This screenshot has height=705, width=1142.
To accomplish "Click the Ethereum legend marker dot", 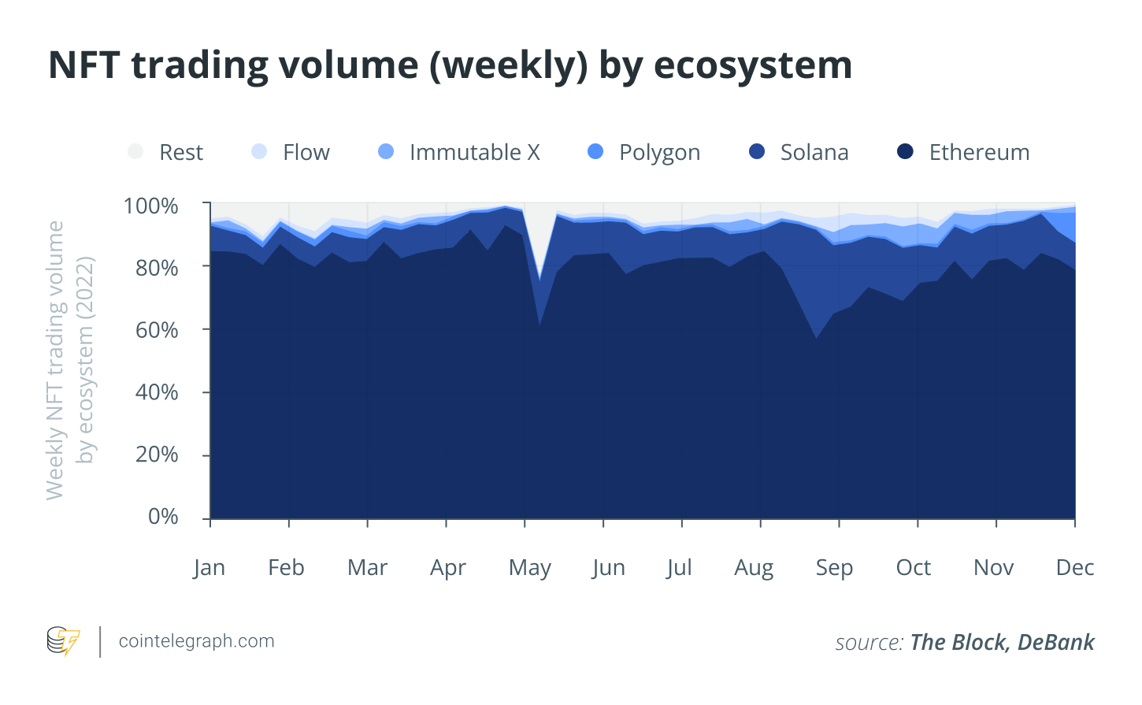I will click(905, 151).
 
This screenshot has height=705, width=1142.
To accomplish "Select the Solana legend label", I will click(814, 152).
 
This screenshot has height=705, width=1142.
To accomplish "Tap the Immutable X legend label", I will click(474, 152).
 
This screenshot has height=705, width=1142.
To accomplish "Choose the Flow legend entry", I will click(306, 152).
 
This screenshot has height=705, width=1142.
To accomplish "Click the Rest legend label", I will click(180, 152).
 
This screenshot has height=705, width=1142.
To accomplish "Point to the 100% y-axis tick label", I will click(150, 206).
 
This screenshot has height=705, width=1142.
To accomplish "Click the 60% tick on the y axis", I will click(157, 330).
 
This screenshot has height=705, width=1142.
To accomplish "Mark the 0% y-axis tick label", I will click(163, 517).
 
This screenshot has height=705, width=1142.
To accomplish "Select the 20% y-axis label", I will click(157, 455).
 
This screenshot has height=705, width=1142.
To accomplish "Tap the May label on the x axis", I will click(529, 568).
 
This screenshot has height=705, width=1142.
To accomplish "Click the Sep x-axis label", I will click(834, 568).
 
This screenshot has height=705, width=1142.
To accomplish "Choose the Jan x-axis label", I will click(209, 568).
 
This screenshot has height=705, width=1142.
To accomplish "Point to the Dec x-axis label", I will click(1074, 568).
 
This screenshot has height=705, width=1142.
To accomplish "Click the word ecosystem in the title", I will click(753, 65).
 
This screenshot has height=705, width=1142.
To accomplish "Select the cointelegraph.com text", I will click(196, 641).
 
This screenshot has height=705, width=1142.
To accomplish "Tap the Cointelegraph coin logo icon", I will click(63, 641).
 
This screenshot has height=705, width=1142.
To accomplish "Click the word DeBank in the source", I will click(1055, 643).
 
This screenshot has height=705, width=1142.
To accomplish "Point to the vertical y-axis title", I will click(69, 360).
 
